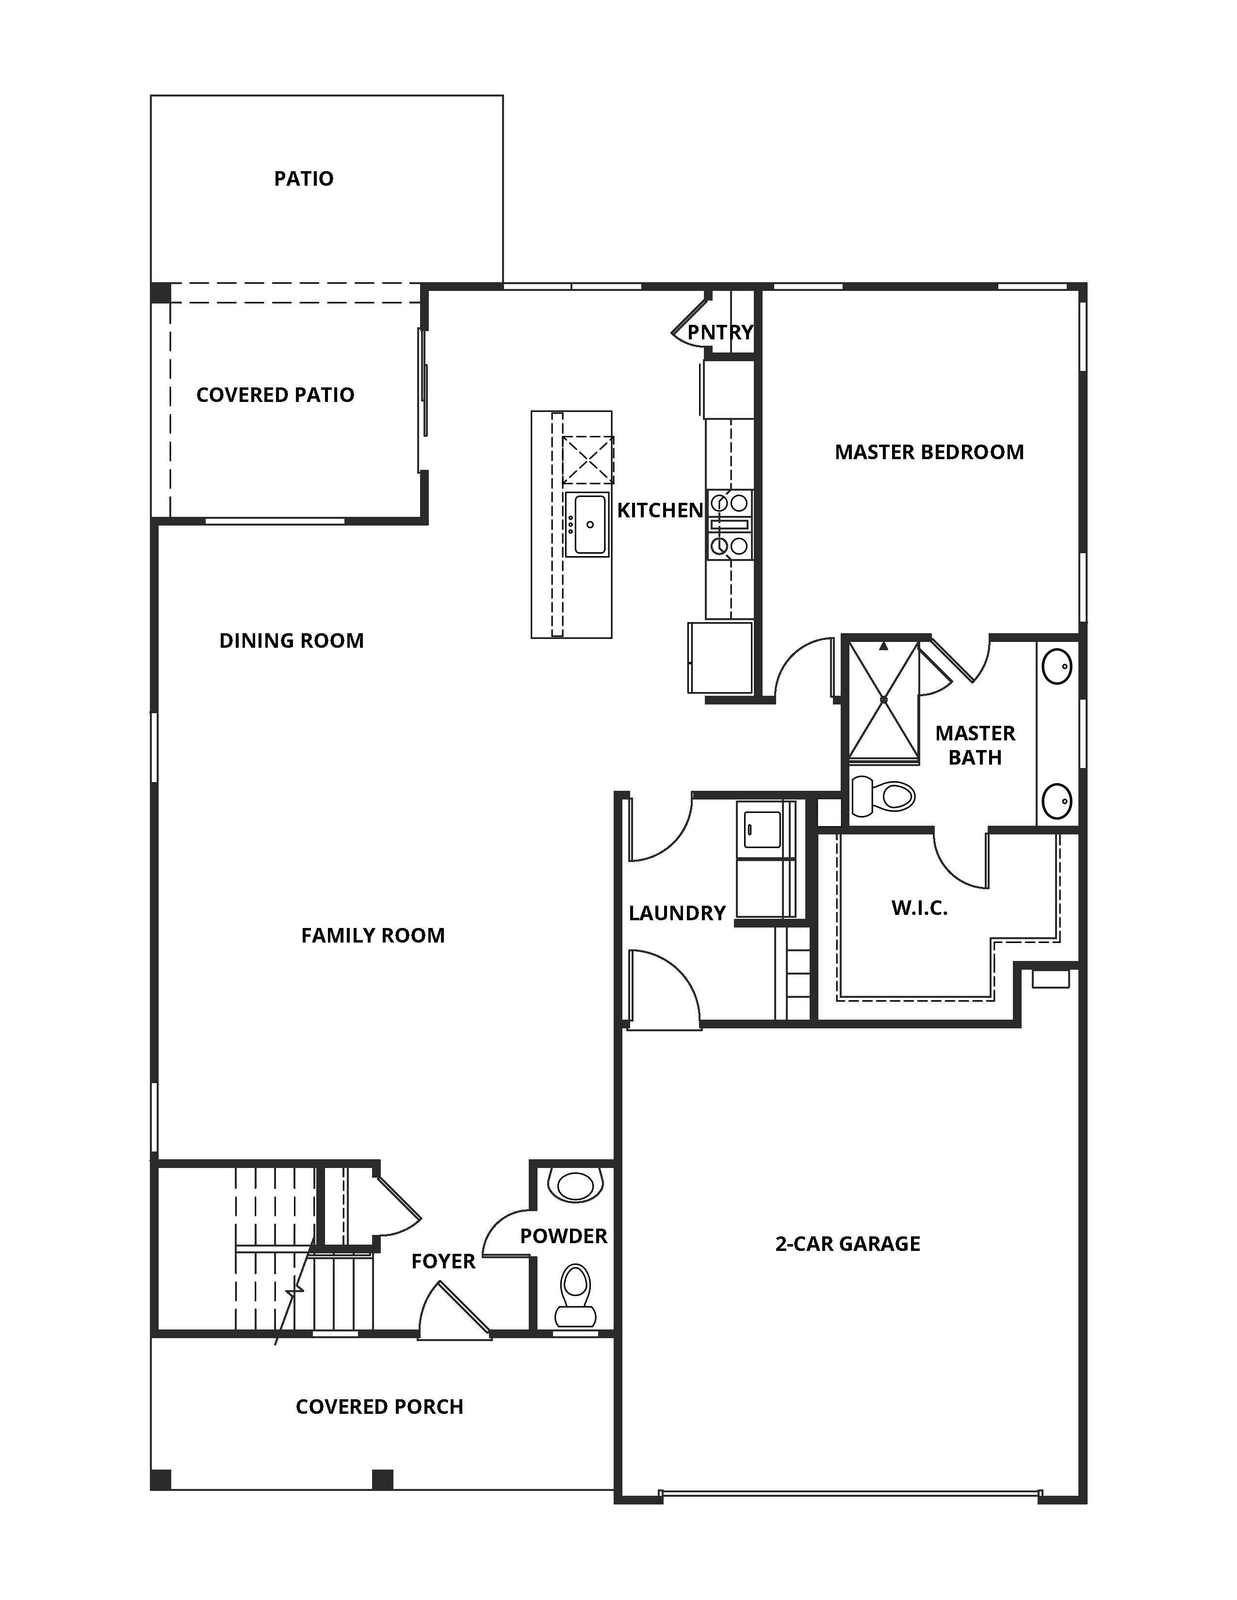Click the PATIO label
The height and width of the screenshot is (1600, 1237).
tap(303, 179)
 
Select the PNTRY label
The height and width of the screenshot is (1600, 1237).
tap(719, 333)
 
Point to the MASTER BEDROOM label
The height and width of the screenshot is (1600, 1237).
tap(928, 452)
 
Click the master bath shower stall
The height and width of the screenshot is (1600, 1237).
tap(884, 701)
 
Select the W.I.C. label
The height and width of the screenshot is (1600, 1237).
tap(919, 909)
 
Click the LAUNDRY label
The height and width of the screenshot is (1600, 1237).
tap(676, 913)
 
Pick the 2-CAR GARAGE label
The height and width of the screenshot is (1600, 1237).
tap(847, 1243)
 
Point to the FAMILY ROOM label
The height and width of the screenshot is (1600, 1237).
tap(372, 936)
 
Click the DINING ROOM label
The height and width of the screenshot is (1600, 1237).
tap(291, 641)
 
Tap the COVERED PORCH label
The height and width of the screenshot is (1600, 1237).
tap(379, 1407)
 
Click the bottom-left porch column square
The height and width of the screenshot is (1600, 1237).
tap(161, 1479)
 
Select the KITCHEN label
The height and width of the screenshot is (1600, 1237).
tap(660, 511)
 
